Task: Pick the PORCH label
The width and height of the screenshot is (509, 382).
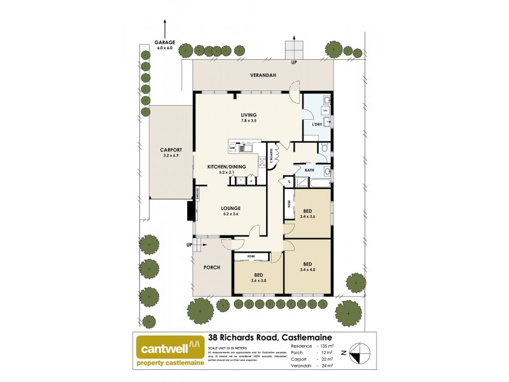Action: coord(212,267)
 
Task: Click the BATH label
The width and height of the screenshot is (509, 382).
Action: coord(310,170)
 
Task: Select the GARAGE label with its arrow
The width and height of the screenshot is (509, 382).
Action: coord(165,45)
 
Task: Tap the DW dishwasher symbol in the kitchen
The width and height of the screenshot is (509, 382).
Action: coord(233,148)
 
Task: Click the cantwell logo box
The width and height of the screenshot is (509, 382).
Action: coord(169,351)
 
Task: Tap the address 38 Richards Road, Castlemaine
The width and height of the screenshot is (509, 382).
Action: coord(270,338)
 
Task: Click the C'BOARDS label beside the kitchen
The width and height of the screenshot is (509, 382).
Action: coord(272,156)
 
